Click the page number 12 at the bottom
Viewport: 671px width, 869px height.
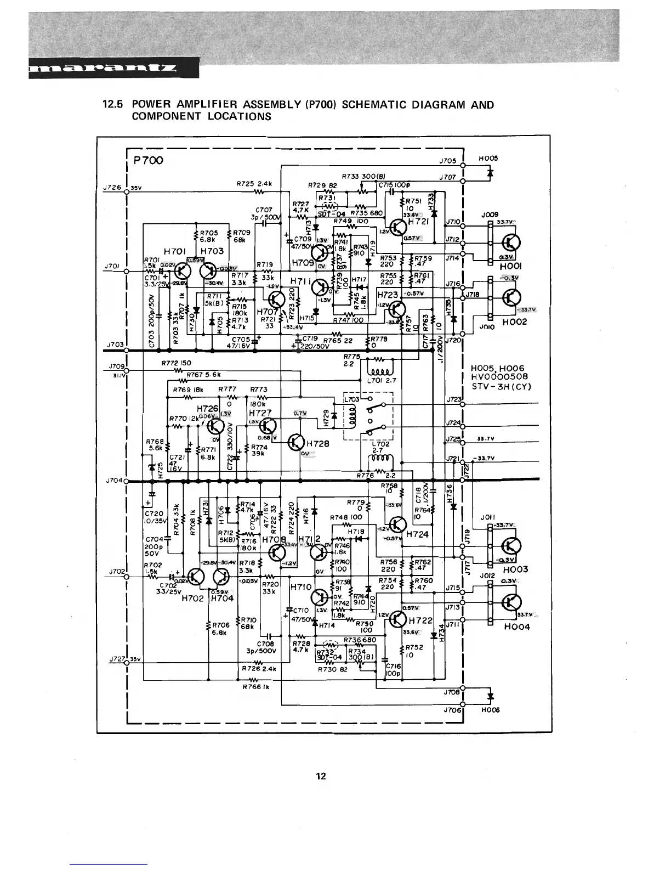pyautogui.click(x=321, y=776)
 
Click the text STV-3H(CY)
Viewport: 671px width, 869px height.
pyautogui.click(x=501, y=386)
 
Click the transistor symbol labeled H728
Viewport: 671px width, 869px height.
pyautogui.click(x=297, y=442)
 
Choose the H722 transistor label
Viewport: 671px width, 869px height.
pyautogui.click(x=421, y=620)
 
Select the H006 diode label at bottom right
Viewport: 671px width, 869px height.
pyautogui.click(x=490, y=709)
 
